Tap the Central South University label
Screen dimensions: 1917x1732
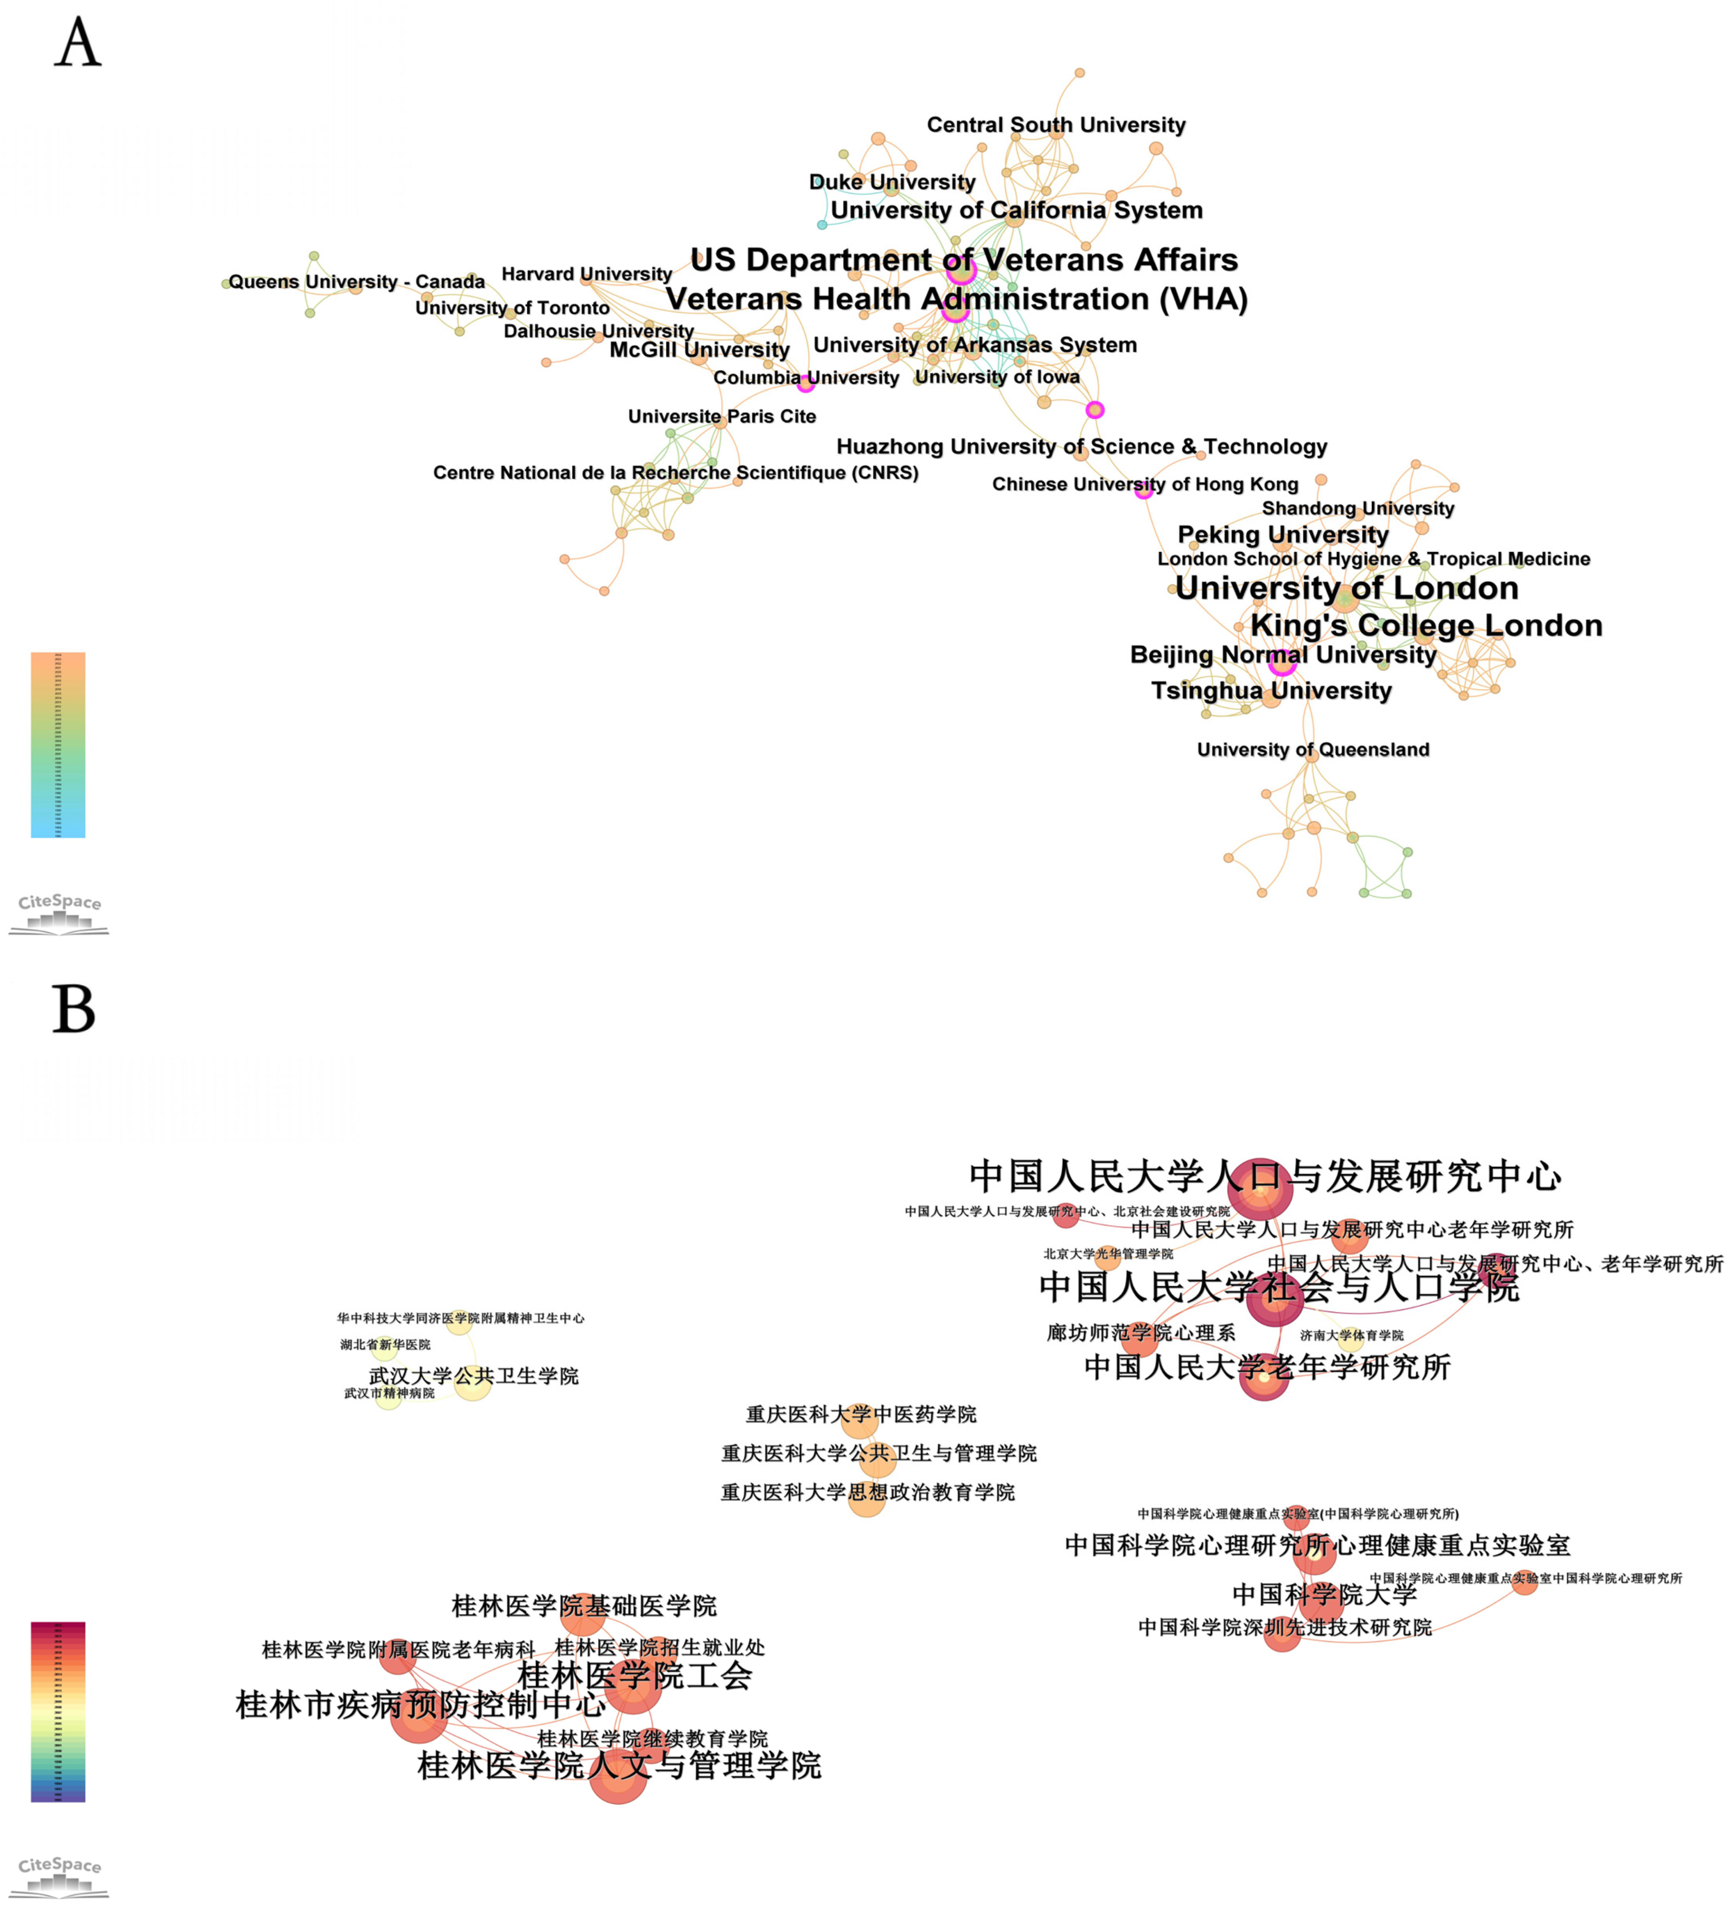pyautogui.click(x=1056, y=124)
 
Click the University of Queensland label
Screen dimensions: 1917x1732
pyautogui.click(x=1312, y=749)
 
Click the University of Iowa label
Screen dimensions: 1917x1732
pyautogui.click(x=997, y=376)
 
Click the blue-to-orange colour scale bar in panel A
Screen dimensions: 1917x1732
pyautogui.click(x=58, y=745)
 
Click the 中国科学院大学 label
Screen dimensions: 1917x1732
pyautogui.click(x=1324, y=1594)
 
